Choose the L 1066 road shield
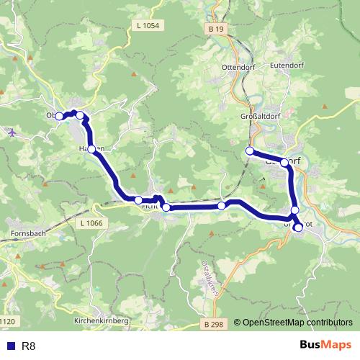(93, 224)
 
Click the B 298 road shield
(213, 325)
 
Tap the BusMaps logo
(325, 345)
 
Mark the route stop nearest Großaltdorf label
(250, 151)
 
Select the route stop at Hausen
(91, 148)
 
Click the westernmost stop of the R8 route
(61, 115)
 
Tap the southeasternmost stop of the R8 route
(298, 228)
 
